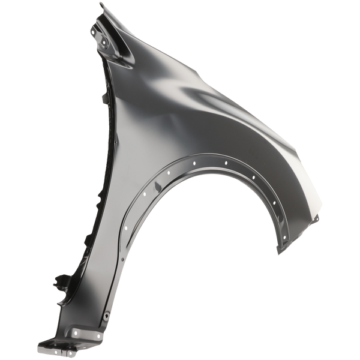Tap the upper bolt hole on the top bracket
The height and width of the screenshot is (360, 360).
point(98,26)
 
